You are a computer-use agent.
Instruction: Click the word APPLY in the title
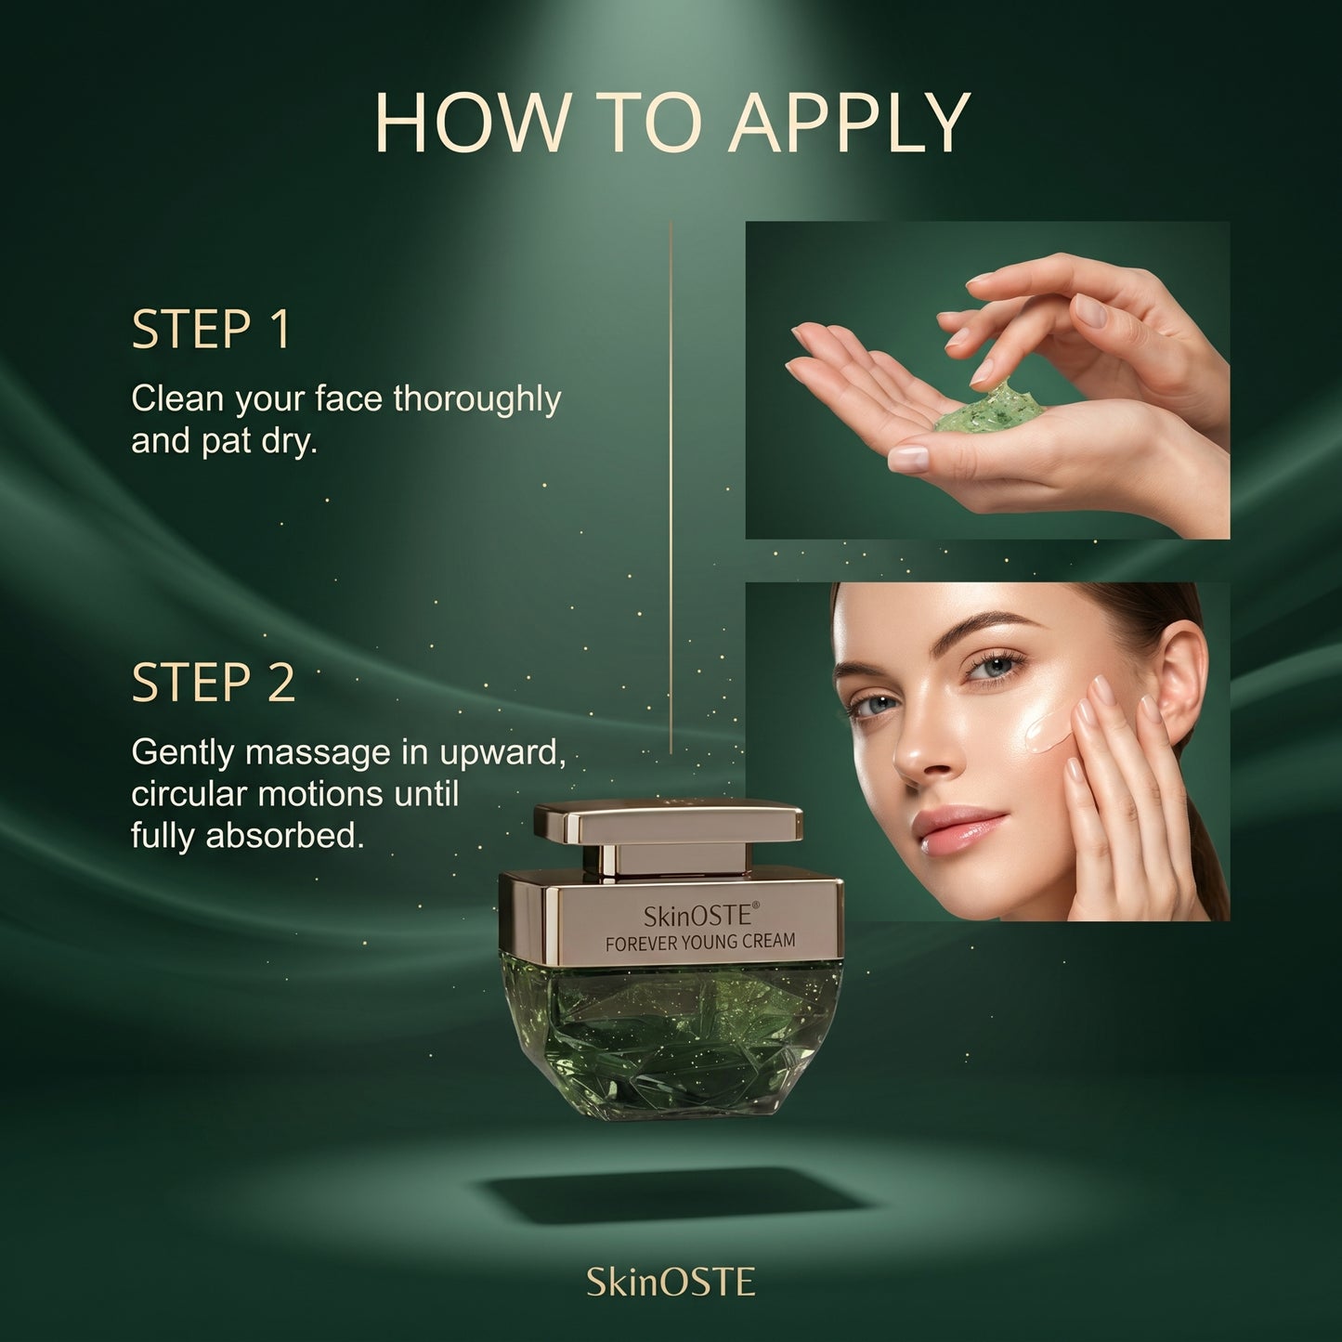(848, 123)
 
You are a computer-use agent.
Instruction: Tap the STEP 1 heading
(210, 329)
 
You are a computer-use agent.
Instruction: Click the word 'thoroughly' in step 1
(477, 400)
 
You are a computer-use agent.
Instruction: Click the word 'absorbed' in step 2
(284, 837)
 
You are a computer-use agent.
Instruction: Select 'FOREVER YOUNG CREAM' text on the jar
(700, 943)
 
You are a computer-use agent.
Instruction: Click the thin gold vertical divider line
(671, 488)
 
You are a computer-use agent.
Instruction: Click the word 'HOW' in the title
(470, 123)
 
